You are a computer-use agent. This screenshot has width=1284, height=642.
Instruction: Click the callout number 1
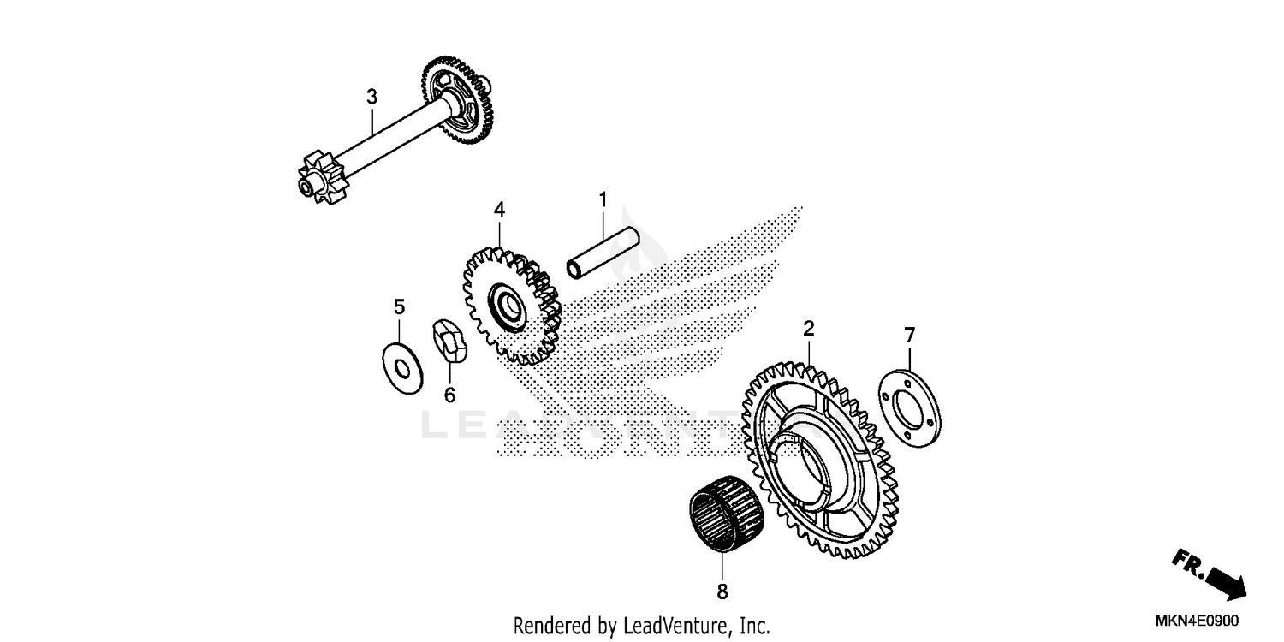coord(603,199)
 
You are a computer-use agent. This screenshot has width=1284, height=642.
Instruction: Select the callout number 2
coord(808,328)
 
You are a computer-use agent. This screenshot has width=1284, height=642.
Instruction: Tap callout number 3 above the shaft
coord(372,98)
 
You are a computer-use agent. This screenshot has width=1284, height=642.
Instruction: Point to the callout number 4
coord(499,210)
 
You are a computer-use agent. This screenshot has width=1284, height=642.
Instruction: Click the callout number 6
coord(449,395)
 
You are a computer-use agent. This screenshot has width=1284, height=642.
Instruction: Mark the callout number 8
coord(722,591)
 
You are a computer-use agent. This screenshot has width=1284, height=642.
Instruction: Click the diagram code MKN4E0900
coord(1199,621)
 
